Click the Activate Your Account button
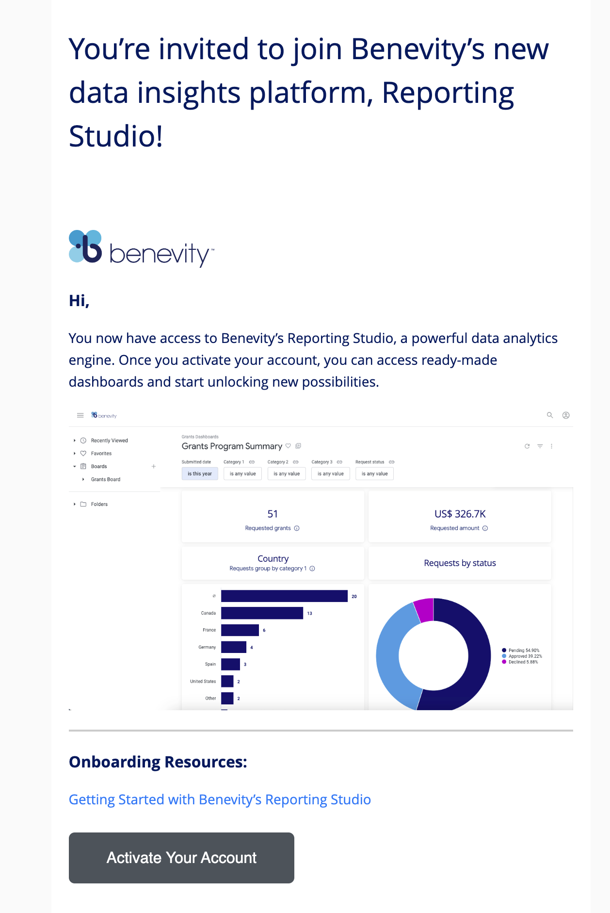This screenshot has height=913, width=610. click(x=181, y=858)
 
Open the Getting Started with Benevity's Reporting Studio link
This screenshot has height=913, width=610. click(x=220, y=799)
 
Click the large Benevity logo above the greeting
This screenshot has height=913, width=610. click(x=141, y=248)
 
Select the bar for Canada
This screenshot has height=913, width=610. click(x=262, y=613)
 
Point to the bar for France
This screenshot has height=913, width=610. click(x=240, y=630)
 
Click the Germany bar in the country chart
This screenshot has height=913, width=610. click(x=234, y=647)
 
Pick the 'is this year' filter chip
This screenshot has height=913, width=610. click(x=200, y=473)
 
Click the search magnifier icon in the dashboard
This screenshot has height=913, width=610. click(x=550, y=415)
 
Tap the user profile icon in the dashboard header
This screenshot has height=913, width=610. click(x=566, y=415)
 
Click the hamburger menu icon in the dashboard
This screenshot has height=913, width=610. click(x=80, y=415)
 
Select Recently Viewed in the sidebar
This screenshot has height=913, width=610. click(x=110, y=440)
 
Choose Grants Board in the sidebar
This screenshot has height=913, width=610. click(x=106, y=479)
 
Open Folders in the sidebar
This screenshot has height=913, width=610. click(x=99, y=504)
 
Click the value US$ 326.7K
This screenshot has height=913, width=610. click(x=460, y=514)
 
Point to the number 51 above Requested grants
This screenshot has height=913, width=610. click(x=273, y=514)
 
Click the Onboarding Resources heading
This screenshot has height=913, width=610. click(x=158, y=762)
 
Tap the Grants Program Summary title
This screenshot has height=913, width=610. click(x=232, y=446)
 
